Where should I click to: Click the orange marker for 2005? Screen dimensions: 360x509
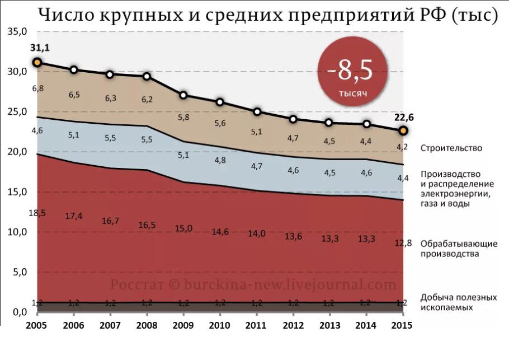click(37, 63)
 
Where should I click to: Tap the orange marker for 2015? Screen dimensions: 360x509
click(403, 130)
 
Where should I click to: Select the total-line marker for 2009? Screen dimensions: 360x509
click(183, 95)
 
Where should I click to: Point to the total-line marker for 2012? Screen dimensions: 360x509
click(293, 119)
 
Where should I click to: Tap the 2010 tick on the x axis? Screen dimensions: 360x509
click(220, 326)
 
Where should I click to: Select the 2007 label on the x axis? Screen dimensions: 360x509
click(110, 326)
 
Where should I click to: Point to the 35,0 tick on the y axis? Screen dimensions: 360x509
click(17, 32)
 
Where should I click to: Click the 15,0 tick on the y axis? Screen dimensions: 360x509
click(17, 192)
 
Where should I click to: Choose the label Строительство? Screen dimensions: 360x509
click(451, 148)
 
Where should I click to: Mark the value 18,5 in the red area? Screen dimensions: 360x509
click(37, 213)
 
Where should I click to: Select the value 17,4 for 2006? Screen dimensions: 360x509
click(74, 216)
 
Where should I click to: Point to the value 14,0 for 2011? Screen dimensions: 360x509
click(257, 234)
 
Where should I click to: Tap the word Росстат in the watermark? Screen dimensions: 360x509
click(136, 284)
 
